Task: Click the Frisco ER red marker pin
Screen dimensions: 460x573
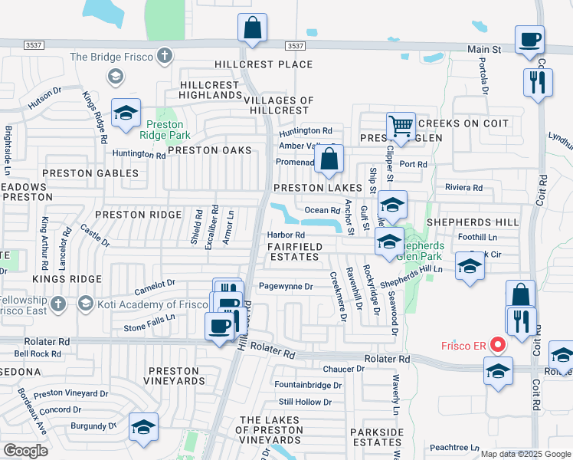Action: point(499,344)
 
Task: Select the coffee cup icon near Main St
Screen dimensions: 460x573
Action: point(530,40)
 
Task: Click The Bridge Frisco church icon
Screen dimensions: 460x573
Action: point(163,56)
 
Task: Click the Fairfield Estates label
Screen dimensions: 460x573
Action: point(293,251)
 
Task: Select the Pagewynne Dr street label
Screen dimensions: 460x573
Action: point(286,287)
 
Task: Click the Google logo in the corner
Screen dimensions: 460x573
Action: point(25,451)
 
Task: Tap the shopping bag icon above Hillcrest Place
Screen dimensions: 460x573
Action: point(252,28)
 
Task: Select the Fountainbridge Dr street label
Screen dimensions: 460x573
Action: point(308,385)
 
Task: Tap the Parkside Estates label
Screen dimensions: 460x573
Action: point(376,437)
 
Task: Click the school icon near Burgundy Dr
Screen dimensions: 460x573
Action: point(143,427)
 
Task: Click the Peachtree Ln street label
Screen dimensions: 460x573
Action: point(453,447)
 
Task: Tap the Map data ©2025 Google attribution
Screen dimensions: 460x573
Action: point(525,454)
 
